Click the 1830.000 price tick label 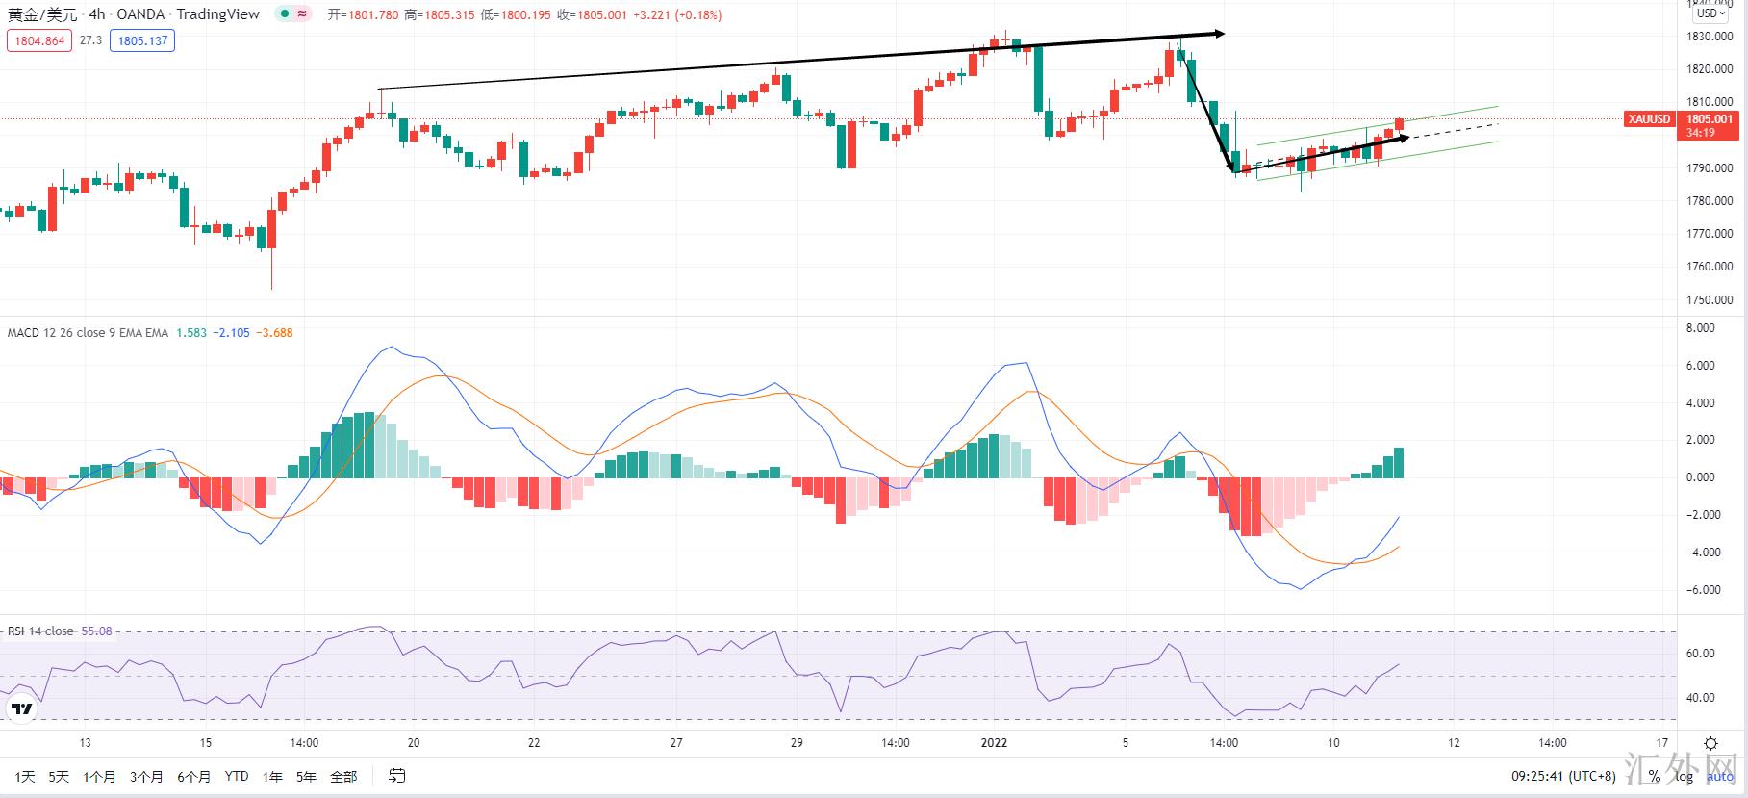click(x=1710, y=37)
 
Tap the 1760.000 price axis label click(x=1710, y=267)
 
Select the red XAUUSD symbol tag click(x=1649, y=119)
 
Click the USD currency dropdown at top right click(x=1711, y=13)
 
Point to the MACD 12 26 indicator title click(x=87, y=333)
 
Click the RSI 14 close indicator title click(x=40, y=631)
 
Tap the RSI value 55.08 click(x=96, y=631)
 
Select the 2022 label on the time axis click(x=994, y=743)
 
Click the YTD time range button click(x=236, y=777)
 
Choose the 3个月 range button click(x=146, y=777)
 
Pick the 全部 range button click(x=343, y=777)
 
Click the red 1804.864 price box click(x=39, y=40)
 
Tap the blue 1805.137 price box click(x=142, y=40)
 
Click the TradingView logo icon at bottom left click(x=21, y=709)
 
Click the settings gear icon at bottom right click(x=1710, y=744)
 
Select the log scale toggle click(x=1684, y=777)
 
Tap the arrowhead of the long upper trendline click(x=1219, y=34)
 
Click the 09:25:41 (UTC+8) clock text click(x=1563, y=777)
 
